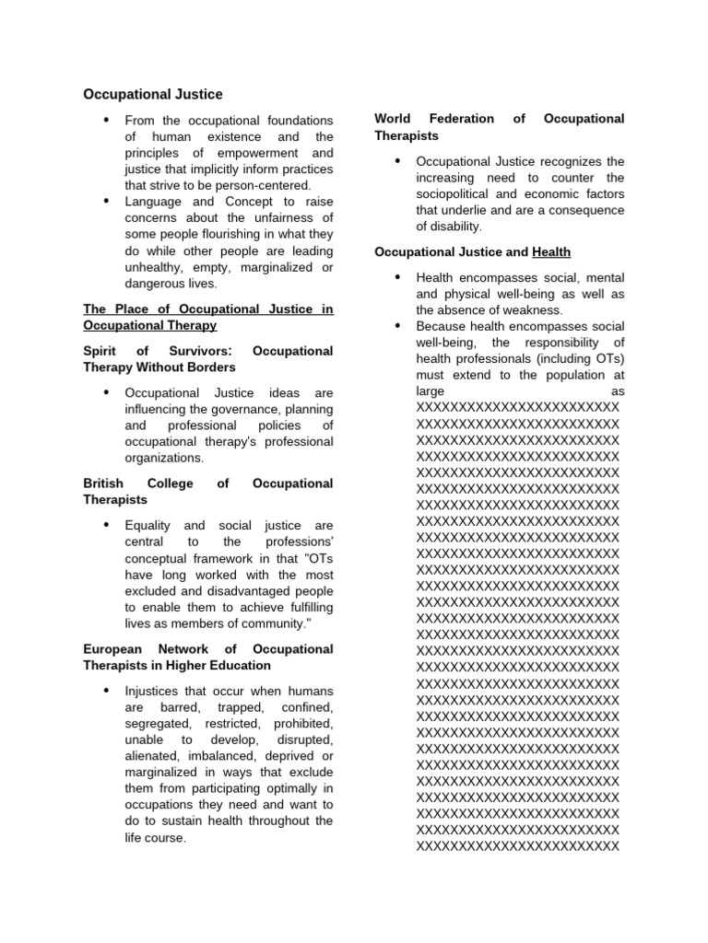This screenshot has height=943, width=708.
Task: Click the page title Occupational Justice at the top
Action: tap(153, 94)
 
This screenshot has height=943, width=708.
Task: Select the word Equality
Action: tap(153, 525)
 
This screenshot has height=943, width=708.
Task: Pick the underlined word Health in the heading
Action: tap(551, 252)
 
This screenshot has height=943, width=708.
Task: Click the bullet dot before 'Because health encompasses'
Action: tap(397, 325)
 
